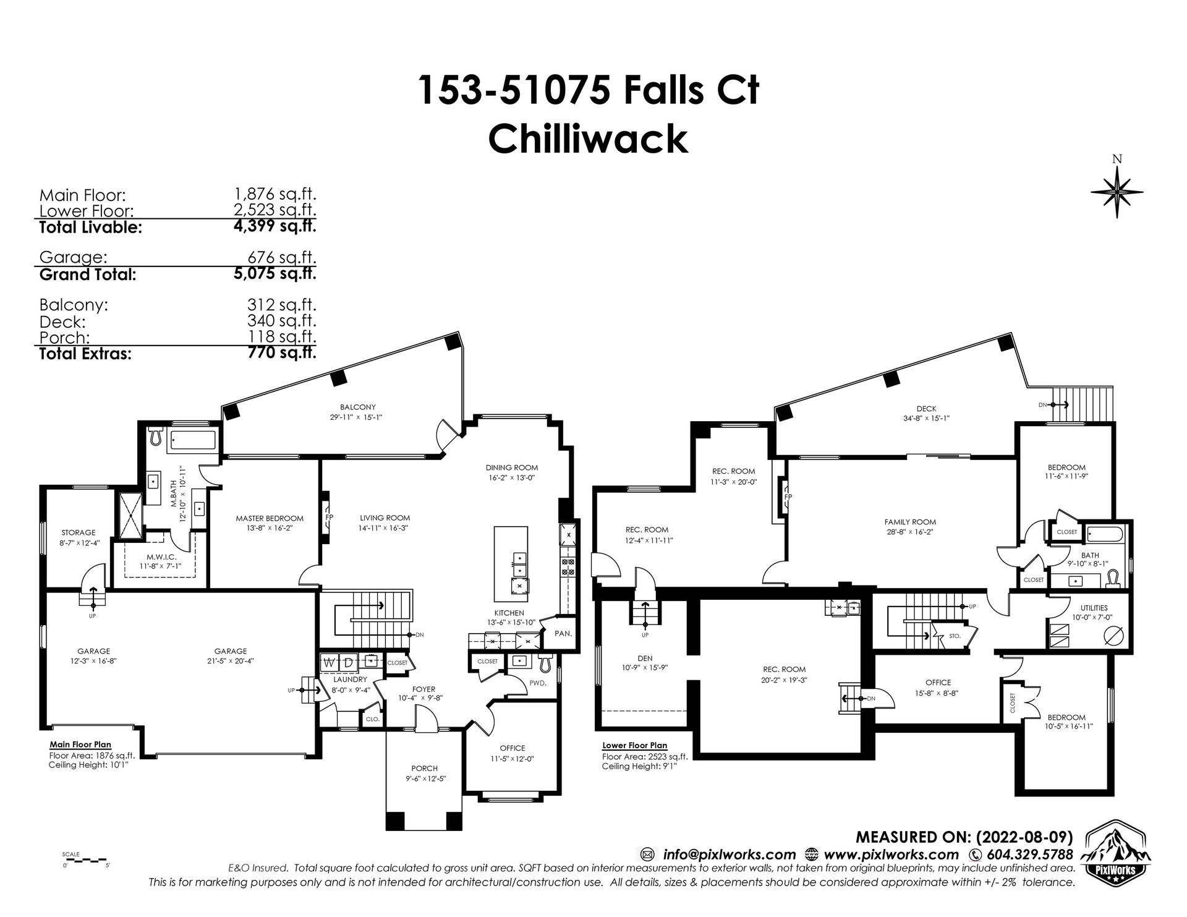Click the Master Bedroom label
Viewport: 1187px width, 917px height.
click(x=270, y=518)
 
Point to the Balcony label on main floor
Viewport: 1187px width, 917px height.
click(x=357, y=407)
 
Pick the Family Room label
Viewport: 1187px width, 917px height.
click(x=909, y=522)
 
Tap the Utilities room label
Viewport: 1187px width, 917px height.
click(x=1094, y=608)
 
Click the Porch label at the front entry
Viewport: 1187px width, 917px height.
click(x=424, y=769)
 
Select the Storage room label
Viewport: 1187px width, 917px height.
click(x=78, y=532)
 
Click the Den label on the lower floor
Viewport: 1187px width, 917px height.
click(x=644, y=659)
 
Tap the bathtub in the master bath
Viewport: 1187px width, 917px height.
click(x=192, y=440)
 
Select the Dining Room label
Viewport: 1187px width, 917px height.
click(x=511, y=467)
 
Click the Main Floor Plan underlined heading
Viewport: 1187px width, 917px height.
click(x=80, y=745)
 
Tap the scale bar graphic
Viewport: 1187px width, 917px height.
click(x=87, y=860)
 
